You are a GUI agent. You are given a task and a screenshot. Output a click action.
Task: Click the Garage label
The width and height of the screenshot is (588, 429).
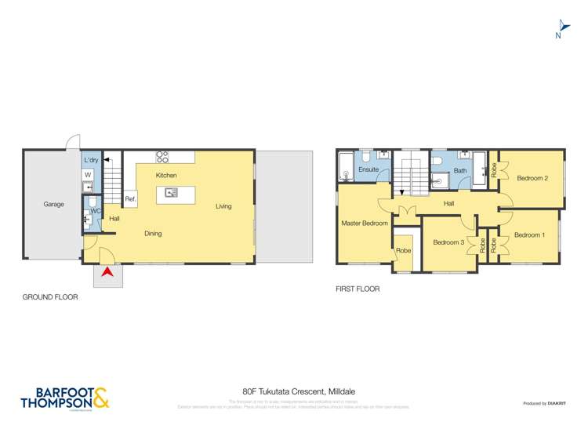tap(53, 204)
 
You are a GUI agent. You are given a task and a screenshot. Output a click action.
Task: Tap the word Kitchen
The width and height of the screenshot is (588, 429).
tap(166, 175)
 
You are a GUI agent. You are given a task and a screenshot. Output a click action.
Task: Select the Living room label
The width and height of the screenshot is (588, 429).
tap(223, 206)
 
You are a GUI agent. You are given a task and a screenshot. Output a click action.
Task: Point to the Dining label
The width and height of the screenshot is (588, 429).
tap(154, 233)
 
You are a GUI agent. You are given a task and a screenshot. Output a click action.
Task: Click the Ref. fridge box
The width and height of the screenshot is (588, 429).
tap(130, 199)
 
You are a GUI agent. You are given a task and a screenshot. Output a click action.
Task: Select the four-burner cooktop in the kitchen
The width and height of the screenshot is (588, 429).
tap(163, 156)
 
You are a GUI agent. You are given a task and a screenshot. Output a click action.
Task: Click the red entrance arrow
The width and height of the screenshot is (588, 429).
tap(107, 272)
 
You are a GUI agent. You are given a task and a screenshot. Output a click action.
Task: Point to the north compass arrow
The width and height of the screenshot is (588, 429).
tap(560, 27)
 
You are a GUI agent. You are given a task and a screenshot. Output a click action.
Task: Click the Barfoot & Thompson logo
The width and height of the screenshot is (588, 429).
tap(64, 397)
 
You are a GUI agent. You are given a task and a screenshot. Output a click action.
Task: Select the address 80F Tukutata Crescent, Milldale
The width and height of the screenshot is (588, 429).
tap(293, 390)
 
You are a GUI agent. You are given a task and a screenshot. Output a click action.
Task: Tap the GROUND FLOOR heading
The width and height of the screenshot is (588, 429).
tap(50, 297)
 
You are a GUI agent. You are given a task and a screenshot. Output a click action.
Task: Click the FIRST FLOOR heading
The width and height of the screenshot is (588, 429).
tap(358, 289)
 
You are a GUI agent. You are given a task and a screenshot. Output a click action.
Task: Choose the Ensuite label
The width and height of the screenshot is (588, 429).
tap(368, 169)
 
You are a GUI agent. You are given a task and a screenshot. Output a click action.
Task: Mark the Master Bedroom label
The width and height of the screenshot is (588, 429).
tap(364, 224)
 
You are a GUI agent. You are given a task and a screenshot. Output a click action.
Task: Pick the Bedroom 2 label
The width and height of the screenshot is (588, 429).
tap(532, 178)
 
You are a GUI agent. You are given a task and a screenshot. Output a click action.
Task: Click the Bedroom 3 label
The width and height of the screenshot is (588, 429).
tap(448, 242)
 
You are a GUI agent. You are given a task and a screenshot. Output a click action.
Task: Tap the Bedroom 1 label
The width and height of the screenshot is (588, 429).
tap(529, 234)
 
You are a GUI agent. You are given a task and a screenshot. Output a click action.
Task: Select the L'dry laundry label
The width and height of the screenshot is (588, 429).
tap(90, 160)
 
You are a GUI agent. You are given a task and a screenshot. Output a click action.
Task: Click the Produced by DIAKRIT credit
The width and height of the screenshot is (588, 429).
tap(546, 403)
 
